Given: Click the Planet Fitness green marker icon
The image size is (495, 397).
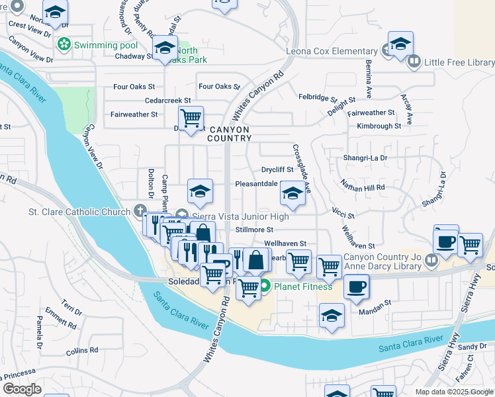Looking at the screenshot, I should tap(265, 287).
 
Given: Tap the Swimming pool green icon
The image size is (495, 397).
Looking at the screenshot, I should tap(64, 45).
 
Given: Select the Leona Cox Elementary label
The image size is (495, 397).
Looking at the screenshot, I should tap(332, 52).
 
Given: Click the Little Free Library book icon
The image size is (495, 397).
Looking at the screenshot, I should tap(414, 62).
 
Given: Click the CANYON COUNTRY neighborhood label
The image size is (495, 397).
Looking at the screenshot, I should tap(229, 134).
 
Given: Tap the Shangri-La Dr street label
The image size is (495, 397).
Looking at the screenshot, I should tap(365, 158).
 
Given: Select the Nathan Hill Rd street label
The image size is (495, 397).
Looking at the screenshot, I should tap(362, 188).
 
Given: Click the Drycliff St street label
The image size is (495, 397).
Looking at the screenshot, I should tap(277, 170).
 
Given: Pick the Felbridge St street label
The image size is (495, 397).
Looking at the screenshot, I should tap(318, 97).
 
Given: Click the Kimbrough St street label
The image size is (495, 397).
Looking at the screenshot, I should tap(379, 126).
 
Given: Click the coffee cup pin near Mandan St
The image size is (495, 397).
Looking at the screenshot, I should tap(357, 287).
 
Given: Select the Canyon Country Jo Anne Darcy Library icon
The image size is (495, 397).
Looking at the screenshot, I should tap(431, 259).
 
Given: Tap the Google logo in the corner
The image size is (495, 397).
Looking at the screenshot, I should tap(22, 388).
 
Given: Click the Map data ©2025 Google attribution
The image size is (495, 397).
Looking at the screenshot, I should tap(454, 392).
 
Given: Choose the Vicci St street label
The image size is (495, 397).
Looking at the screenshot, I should tap(343, 215).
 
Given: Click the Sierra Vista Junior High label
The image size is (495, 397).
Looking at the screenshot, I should tap(241, 216).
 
